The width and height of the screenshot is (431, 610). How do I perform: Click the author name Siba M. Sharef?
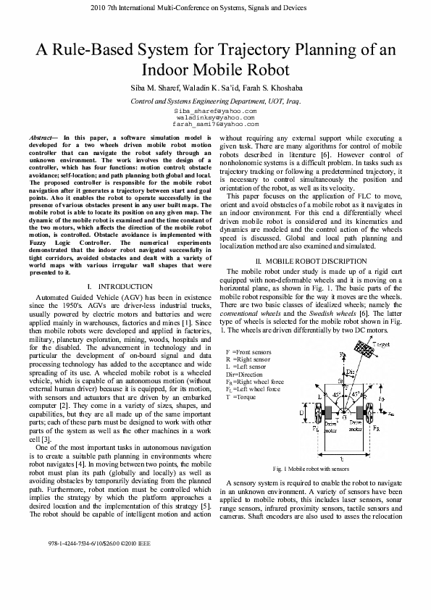pos(155,87)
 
